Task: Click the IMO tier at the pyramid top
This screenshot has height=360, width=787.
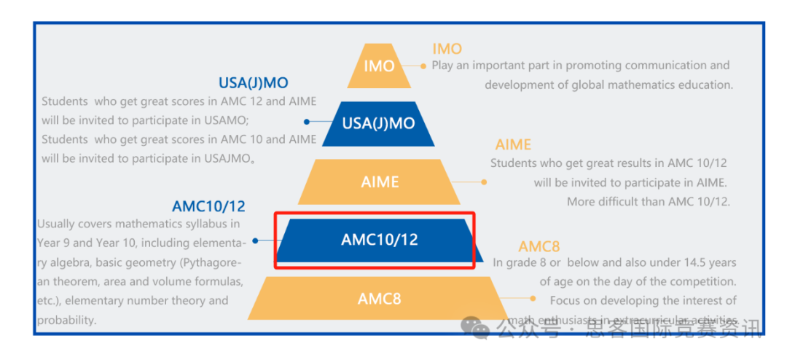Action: (379, 66)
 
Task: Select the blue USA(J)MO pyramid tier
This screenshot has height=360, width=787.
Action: (378, 123)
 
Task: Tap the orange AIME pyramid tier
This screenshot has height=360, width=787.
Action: (380, 181)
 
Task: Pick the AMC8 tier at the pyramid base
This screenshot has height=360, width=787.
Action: (379, 298)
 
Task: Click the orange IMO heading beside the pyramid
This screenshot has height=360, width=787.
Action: (447, 49)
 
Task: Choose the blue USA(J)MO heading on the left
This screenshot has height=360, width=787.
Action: (254, 83)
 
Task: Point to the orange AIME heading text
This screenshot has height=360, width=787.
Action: (513, 145)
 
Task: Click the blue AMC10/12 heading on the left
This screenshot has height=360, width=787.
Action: (208, 206)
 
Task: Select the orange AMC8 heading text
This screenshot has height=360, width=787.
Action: (539, 246)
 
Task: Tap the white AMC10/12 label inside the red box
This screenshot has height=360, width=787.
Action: (380, 240)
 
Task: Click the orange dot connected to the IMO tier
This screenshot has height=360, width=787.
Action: (423, 66)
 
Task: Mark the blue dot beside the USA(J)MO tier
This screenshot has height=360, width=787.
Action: (307, 122)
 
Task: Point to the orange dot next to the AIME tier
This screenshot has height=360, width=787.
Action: (484, 182)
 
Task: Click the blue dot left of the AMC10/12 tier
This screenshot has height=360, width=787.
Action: (255, 240)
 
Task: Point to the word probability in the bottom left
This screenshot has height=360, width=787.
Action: (67, 321)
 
